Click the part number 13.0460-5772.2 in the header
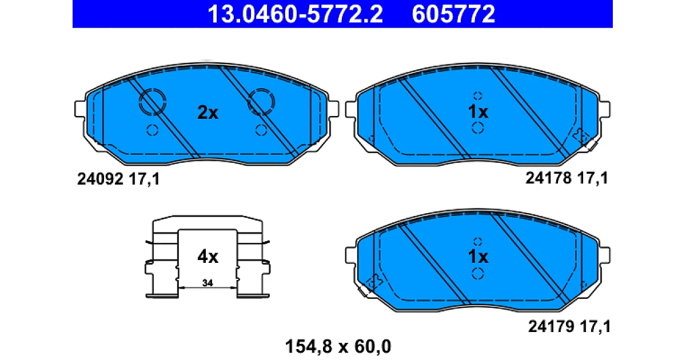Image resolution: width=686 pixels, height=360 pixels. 295,14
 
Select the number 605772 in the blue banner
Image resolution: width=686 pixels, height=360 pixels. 453,14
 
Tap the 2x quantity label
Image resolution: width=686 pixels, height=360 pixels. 208,113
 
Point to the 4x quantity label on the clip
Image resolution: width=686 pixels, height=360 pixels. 208,257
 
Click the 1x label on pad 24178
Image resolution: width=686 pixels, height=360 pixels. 478,112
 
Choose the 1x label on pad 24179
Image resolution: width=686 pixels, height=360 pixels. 478,257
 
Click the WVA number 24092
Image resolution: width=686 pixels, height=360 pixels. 100,179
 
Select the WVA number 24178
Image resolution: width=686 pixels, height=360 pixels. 548,178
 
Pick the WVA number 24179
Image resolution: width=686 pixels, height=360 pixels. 551,326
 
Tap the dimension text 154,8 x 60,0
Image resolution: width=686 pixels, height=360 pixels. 338,346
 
